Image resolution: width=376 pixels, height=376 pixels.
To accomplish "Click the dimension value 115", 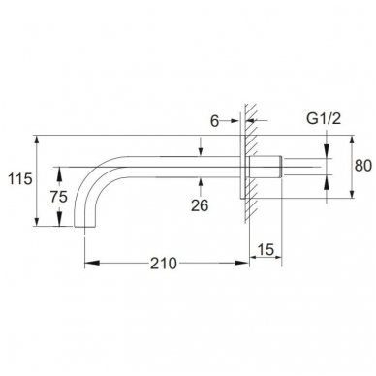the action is tap(20, 178).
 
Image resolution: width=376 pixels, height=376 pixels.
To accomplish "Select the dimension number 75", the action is tap(59, 197).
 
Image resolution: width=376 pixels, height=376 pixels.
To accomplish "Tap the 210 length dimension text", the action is tap(164, 264).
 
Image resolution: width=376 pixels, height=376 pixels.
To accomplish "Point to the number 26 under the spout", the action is tap(200, 205).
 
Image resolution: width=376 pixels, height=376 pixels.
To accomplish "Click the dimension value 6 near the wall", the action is tap(214, 121).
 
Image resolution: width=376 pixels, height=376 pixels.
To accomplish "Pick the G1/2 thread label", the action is tap(324, 119).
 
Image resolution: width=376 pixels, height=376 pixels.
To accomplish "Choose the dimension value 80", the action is tap(363, 166).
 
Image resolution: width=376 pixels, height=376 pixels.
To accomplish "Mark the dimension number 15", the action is tap(266, 249).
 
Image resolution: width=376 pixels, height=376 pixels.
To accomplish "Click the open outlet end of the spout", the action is tap(84, 227).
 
